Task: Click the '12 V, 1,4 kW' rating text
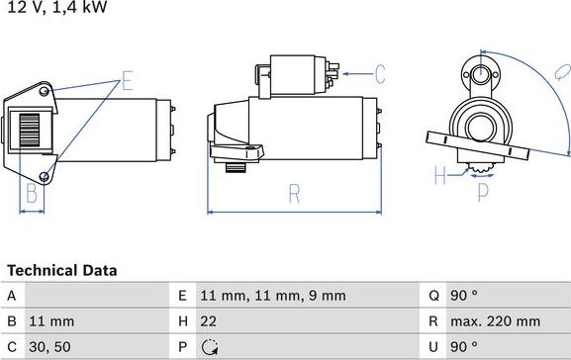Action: (x=57, y=7)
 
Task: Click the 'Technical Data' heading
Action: (x=61, y=270)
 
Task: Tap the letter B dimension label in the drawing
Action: (x=32, y=192)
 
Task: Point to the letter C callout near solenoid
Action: (x=380, y=72)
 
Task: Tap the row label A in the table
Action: (x=11, y=296)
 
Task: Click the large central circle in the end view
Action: (x=482, y=128)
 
